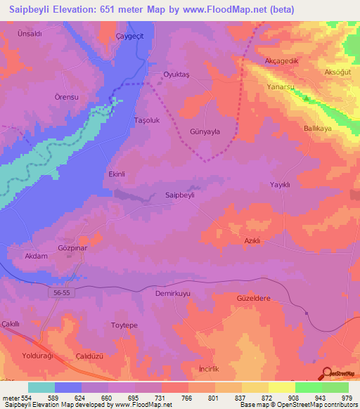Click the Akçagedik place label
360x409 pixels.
(x=282, y=62)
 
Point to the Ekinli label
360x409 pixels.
(x=117, y=174)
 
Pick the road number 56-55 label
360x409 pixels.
(x=62, y=290)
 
